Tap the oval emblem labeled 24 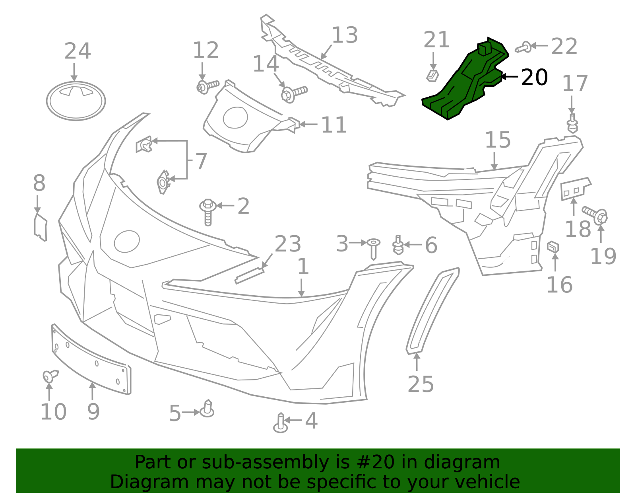pos(76,101)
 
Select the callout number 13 pos(345,35)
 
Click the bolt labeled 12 pos(207,86)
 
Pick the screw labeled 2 pos(207,210)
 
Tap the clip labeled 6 pos(398,245)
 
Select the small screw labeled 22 pos(524,47)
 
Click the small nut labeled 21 pos(432,75)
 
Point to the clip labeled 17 pos(572,124)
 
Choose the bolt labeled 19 pos(596,215)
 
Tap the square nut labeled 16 pos(553,247)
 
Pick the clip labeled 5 pos(207,409)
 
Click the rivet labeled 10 pos(49,376)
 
